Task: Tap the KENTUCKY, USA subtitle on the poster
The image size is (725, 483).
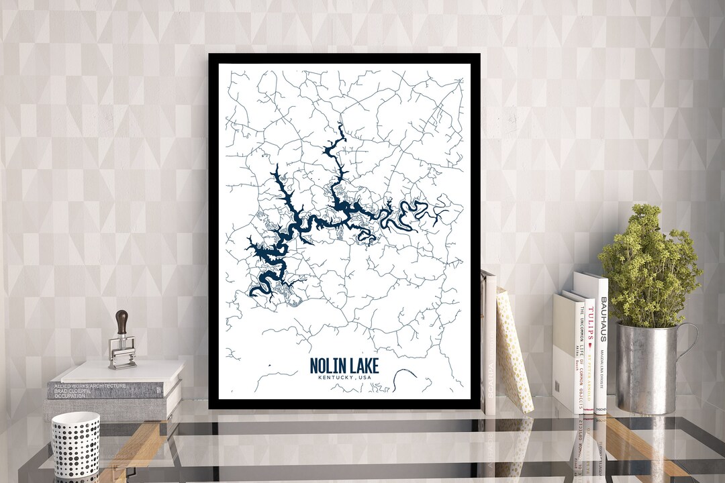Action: (344, 378)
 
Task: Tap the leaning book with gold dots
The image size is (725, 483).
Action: (514, 349)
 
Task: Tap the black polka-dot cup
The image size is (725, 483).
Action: (75, 444)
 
